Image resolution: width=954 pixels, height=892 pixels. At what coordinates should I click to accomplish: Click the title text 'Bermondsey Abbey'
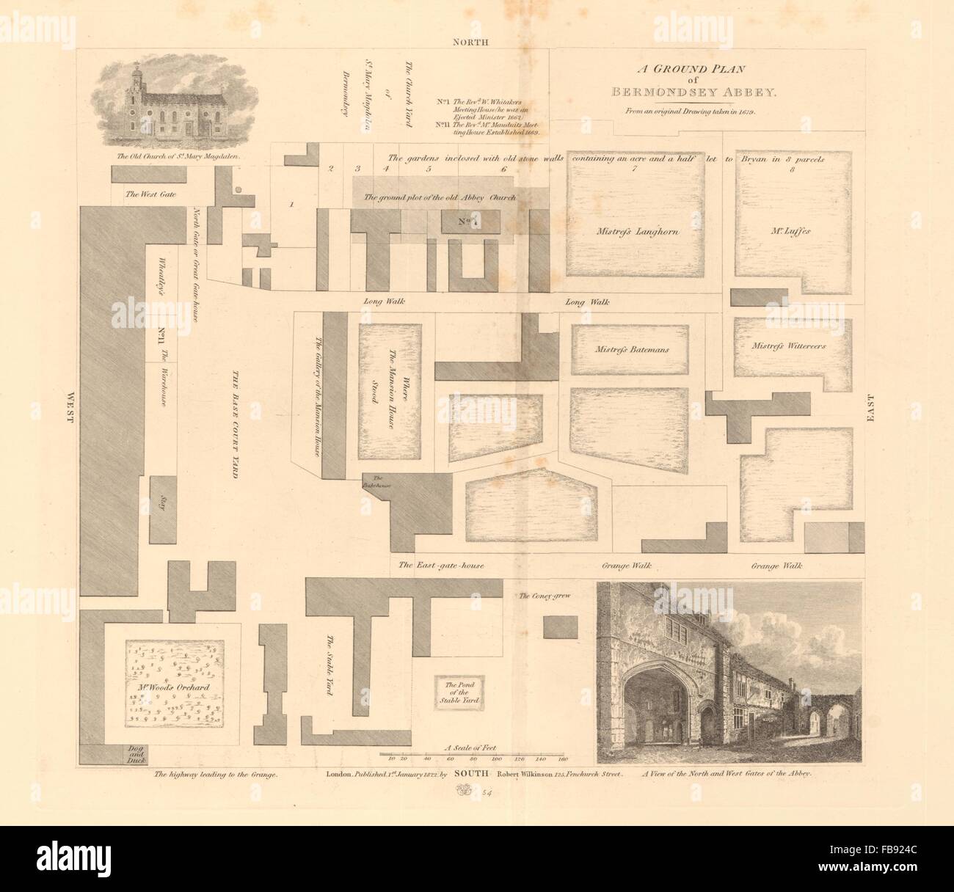tap(688, 92)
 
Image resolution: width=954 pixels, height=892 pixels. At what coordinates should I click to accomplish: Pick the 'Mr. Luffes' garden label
tap(793, 230)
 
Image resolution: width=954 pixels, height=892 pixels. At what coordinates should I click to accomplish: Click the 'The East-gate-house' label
tap(441, 566)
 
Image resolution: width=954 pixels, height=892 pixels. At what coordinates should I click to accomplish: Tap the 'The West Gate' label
tap(147, 194)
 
